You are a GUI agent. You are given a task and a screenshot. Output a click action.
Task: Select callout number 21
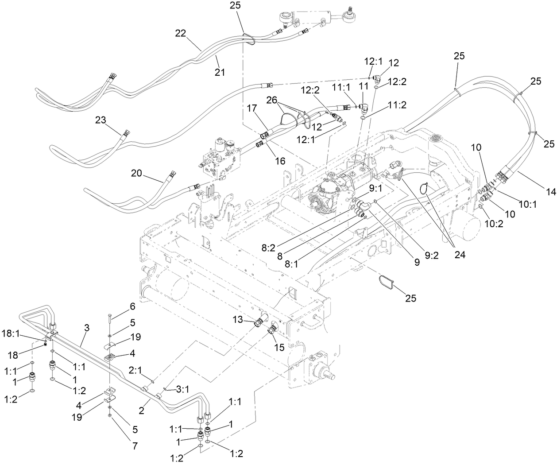tap(220, 72)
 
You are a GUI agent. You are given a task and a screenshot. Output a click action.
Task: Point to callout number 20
tap(136, 173)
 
